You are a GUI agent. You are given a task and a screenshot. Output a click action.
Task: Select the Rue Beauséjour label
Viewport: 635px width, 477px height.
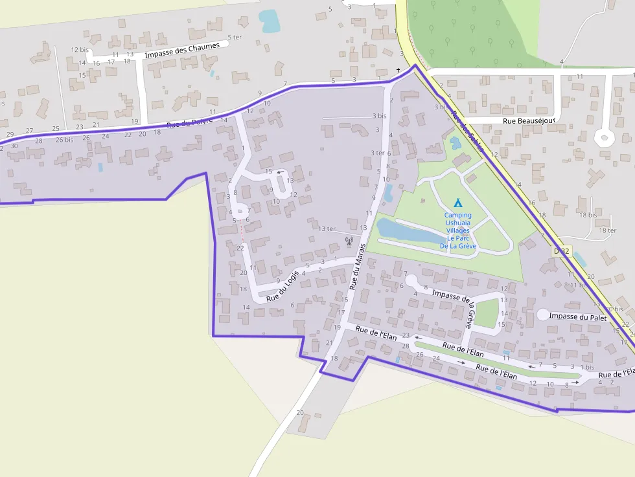(530, 121)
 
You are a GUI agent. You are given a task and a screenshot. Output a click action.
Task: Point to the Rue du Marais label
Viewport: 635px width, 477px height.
(357, 266)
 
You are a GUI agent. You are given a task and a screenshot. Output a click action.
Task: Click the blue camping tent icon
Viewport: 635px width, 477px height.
(457, 203)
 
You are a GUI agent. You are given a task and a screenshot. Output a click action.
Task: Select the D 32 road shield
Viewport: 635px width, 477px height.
(562, 250)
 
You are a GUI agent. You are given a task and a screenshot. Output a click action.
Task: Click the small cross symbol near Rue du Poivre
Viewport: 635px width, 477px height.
(398, 70)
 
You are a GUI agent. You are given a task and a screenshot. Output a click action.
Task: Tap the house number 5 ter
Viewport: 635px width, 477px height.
(235, 38)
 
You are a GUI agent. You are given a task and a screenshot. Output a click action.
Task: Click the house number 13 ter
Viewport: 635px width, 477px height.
(327, 228)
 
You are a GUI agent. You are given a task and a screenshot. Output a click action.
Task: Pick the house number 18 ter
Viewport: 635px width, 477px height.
(608, 230)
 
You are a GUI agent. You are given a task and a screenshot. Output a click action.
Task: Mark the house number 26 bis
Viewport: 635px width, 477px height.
(64, 139)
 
